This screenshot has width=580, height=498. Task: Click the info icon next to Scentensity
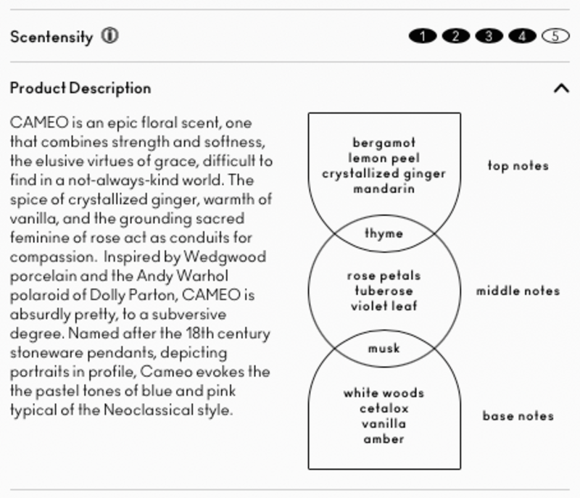tap(109, 36)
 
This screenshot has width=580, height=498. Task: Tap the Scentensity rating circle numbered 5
tap(555, 36)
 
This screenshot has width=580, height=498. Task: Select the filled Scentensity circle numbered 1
tap(422, 36)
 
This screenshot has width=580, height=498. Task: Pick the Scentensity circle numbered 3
tap(489, 36)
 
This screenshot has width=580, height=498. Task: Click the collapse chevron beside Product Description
tap(561, 88)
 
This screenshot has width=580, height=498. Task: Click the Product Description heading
tap(80, 88)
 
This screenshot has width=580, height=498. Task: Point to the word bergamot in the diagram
tap(384, 142)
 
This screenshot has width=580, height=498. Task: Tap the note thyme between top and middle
tap(384, 233)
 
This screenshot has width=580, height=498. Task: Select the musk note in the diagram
tap(384, 349)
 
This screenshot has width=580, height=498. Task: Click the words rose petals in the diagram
tap(384, 275)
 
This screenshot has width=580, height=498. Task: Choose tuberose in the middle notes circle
tap(384, 291)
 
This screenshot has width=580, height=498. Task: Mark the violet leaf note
tap(384, 306)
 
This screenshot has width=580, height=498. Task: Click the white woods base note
tap(384, 394)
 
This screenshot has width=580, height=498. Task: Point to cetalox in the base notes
tap(384, 409)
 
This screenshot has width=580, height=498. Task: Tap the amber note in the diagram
tap(384, 439)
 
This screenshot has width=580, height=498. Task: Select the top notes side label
tap(518, 166)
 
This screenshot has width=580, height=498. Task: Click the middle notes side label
tap(518, 291)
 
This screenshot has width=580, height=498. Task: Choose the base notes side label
tap(518, 416)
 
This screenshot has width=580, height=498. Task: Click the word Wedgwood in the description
tap(225, 257)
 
